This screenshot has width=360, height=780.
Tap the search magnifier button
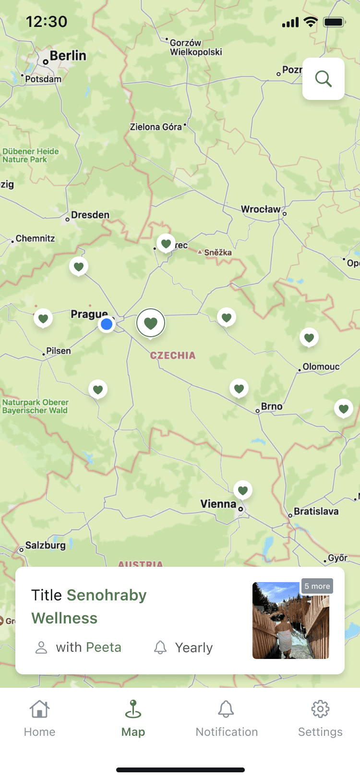[x=324, y=79]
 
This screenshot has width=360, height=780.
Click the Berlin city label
[x=68, y=56]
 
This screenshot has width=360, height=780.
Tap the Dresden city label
[x=90, y=215]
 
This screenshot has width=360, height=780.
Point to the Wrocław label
[x=261, y=209]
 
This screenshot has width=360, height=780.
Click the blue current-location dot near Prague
[x=107, y=324]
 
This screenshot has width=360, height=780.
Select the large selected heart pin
[x=151, y=323]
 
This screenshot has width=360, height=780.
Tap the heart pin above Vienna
[x=243, y=490]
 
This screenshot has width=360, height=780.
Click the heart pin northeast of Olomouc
[x=309, y=338]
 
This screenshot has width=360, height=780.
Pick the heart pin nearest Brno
[x=239, y=389]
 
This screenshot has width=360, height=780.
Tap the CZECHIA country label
[x=173, y=355]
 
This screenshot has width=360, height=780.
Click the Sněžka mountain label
[x=217, y=253]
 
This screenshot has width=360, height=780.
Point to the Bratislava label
[x=316, y=511]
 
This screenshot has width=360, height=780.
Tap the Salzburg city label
[x=45, y=545]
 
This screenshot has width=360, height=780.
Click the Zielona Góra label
[x=156, y=127]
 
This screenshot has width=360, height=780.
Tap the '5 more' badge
[x=317, y=586]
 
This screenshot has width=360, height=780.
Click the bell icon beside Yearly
[x=160, y=647]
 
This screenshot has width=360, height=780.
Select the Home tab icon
[x=39, y=709]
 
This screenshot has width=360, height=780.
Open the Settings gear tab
[x=320, y=709]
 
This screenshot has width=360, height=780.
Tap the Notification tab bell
[x=226, y=709]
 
